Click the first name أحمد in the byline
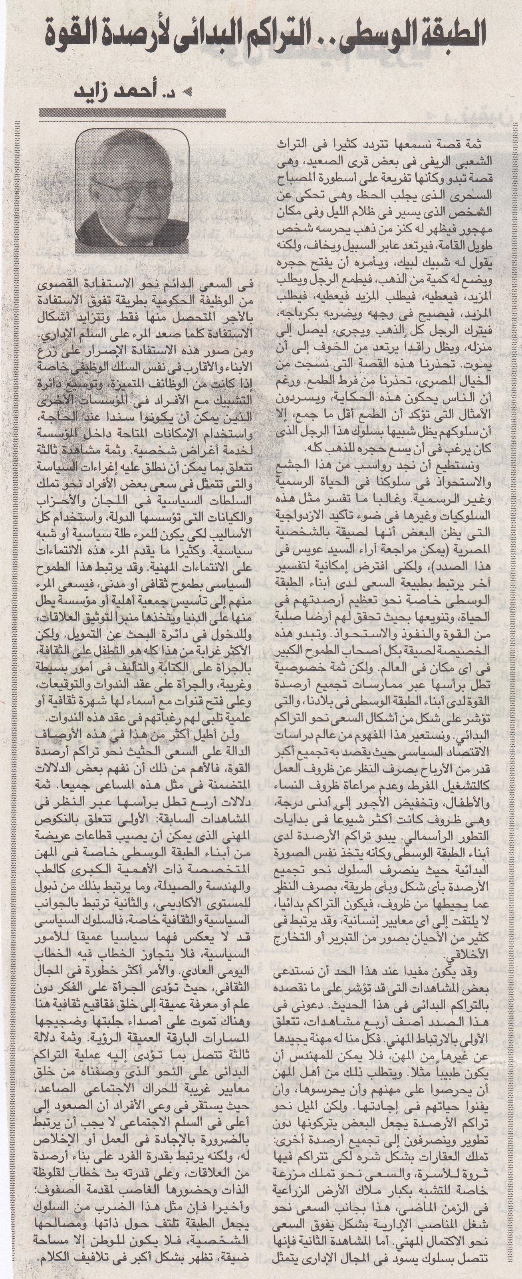point(151,92)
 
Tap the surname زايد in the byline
point(104,92)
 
